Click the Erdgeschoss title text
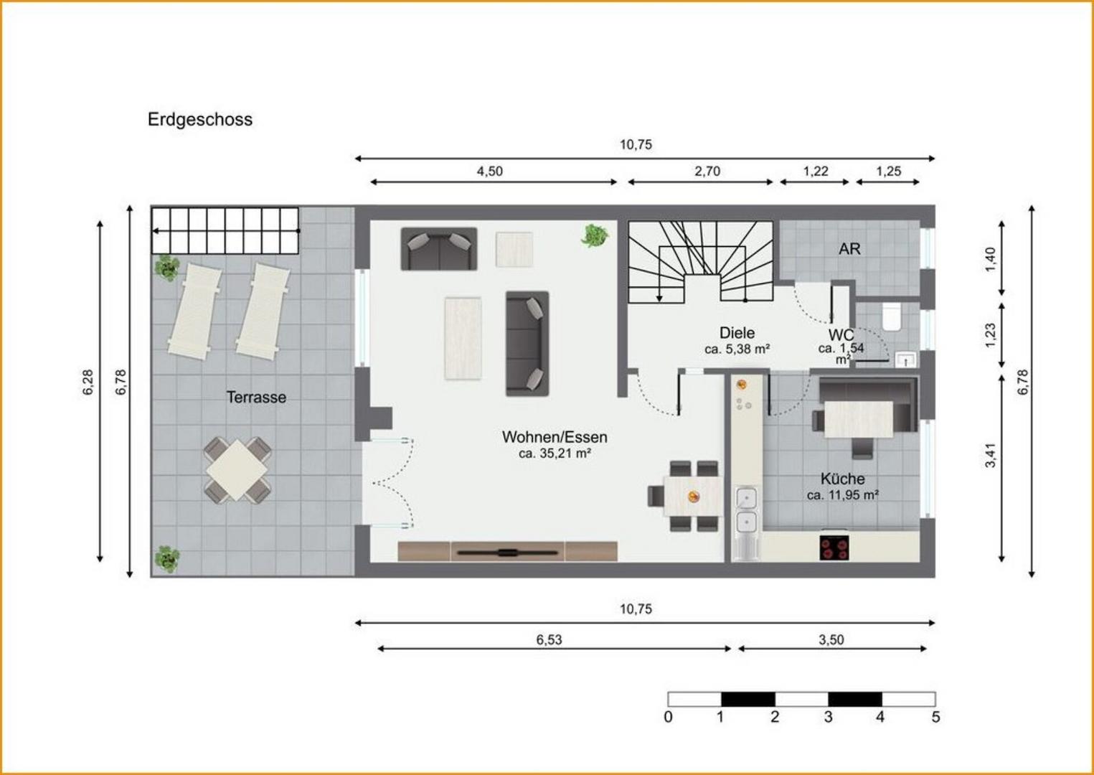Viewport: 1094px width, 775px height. [x=199, y=120]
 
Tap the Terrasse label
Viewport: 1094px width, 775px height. [x=256, y=397]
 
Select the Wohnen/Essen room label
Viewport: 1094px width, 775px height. [x=555, y=437]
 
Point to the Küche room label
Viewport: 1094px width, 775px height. [x=842, y=479]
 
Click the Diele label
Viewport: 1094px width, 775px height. [x=737, y=333]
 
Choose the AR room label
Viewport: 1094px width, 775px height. [x=849, y=249]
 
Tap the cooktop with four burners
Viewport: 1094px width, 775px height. [x=834, y=548]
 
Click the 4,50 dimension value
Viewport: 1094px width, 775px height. [x=489, y=172]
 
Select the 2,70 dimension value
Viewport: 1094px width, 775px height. [x=707, y=172]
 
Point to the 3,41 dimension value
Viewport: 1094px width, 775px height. [x=990, y=455]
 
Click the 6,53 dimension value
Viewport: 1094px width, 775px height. [x=549, y=639]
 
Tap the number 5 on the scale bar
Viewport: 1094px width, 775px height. [x=935, y=717]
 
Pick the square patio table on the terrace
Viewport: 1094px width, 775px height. [x=237, y=470]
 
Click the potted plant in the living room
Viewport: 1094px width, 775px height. [x=595, y=235]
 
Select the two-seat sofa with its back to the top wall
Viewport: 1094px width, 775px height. [x=439, y=249]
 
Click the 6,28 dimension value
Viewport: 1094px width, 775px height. [x=88, y=382]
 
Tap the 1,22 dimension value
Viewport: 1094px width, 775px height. [x=816, y=172]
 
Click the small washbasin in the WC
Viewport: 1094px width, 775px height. [x=906, y=360]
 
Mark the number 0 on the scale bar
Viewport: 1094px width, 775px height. [x=668, y=717]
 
